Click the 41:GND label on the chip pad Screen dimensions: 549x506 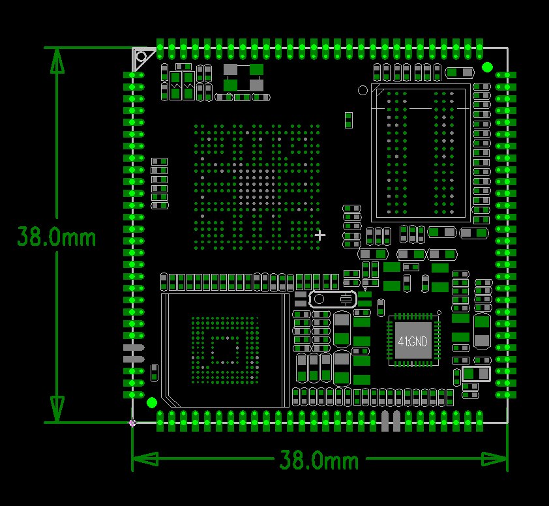click(413, 341)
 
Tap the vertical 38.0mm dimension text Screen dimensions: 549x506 click(56, 237)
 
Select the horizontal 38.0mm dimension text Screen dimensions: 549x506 click(319, 460)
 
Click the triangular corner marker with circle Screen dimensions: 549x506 click(143, 58)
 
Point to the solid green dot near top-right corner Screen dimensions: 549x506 click(487, 67)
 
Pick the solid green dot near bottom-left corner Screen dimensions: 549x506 click(152, 403)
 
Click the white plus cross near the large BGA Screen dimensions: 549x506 click(319, 235)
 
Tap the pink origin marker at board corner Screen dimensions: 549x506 click(132, 423)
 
